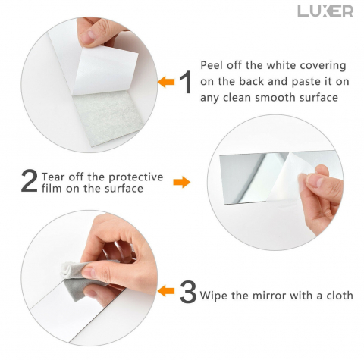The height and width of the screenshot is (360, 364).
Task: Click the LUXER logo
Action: pyautogui.click(x=325, y=11)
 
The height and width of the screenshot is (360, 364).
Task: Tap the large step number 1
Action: pyautogui.click(x=186, y=82)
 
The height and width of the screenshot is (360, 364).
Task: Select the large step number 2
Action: pyautogui.click(x=29, y=181)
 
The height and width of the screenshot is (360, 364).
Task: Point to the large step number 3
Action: pyautogui.click(x=188, y=292)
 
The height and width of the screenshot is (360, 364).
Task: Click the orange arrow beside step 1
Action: pyautogui.click(x=166, y=82)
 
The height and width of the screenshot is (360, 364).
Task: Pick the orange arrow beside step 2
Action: pyautogui.click(x=182, y=182)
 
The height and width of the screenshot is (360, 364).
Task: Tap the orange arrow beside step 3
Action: pyautogui.click(x=166, y=290)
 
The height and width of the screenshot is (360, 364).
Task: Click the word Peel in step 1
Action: pyautogui.click(x=212, y=65)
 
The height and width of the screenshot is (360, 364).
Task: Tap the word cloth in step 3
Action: pyautogui.click(x=340, y=295)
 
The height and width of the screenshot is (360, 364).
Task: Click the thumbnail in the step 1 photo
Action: pyautogui.click(x=88, y=36)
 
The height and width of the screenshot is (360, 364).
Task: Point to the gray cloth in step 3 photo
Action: pyautogui.click(x=75, y=280)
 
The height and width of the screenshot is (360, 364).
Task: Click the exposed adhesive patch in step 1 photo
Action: pyautogui.click(x=108, y=118)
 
